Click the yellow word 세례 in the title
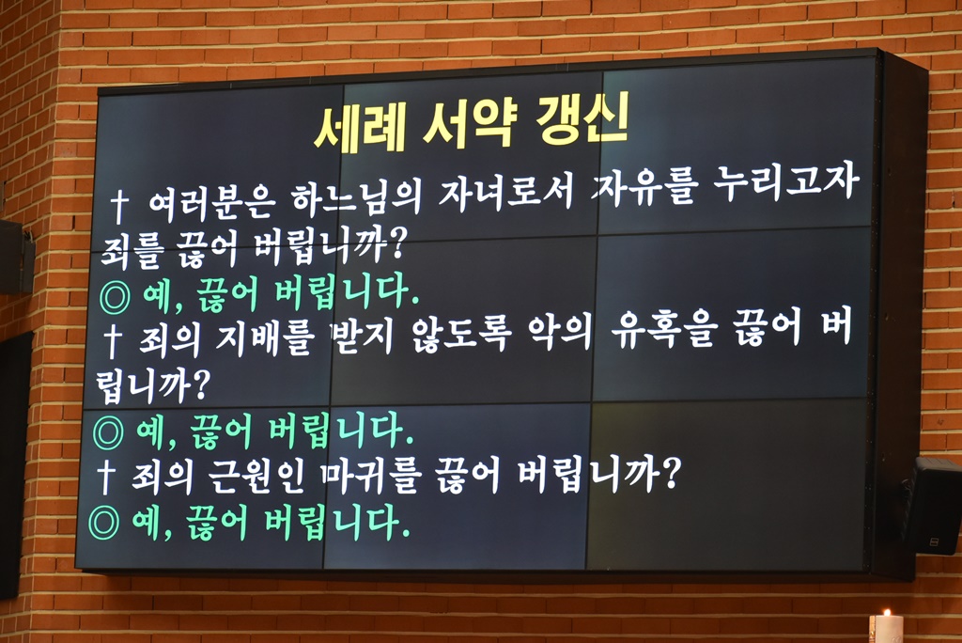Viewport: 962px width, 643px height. (x=360, y=127)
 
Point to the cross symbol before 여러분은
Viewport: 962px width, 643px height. (x=119, y=207)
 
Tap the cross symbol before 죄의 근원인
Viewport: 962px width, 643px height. (x=106, y=478)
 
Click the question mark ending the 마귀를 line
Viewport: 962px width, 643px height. (x=671, y=471)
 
